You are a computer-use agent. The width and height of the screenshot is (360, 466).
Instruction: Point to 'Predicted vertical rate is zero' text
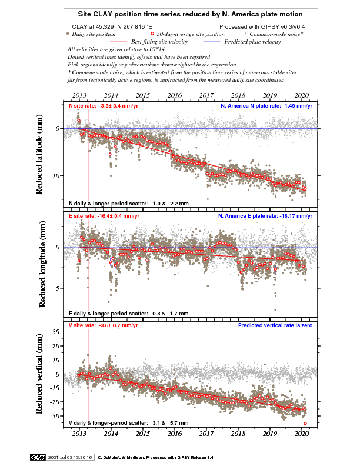(275, 325)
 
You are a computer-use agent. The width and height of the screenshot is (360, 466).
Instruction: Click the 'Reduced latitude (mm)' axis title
(39, 155)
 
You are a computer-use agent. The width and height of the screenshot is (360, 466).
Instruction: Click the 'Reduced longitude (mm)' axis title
(42, 264)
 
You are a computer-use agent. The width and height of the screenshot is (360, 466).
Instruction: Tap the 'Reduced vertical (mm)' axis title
(39, 374)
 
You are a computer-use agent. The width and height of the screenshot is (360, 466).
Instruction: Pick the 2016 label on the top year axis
(175, 95)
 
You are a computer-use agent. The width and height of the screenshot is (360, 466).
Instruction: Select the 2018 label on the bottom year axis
(238, 434)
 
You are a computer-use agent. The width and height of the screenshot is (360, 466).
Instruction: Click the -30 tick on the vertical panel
(54, 416)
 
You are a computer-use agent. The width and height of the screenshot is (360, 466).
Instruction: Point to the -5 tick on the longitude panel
(57, 288)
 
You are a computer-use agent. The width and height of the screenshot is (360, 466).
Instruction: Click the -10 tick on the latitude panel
(54, 176)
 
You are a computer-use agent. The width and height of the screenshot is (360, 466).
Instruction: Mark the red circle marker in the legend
(152, 34)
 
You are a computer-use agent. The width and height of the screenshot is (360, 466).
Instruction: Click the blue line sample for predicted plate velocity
(212, 41)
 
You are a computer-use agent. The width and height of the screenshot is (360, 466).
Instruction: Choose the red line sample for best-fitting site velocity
(118, 41)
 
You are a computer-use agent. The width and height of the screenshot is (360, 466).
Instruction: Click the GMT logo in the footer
(38, 457)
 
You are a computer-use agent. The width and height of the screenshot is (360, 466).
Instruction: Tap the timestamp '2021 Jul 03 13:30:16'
(70, 457)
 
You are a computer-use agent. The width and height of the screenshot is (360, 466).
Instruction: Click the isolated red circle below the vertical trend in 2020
(305, 423)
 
